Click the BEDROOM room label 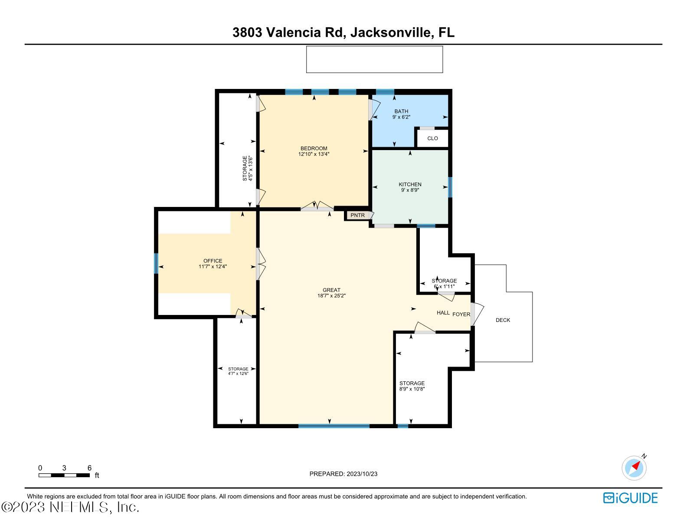coord(314,148)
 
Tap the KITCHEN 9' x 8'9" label coord(410,187)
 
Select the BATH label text coord(401,111)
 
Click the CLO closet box coord(432,138)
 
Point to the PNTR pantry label coord(358,215)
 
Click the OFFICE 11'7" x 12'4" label coord(213,264)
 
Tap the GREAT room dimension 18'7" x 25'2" coord(331,296)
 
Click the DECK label coord(503,320)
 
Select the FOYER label coord(461,315)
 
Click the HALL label coord(443,313)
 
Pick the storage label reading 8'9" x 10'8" coord(412,386)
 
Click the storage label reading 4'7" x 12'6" coord(238,371)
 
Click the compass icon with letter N coord(634,468)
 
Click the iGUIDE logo coord(630,498)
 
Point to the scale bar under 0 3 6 coord(64,475)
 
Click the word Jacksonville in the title coord(391,33)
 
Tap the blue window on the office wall coord(156,263)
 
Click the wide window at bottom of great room coord(334,426)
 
